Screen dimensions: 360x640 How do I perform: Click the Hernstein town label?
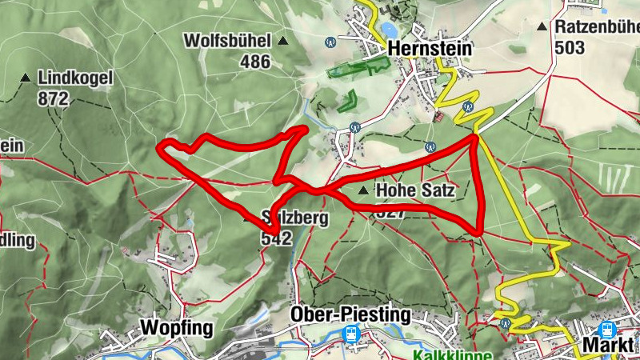(x=430, y=48)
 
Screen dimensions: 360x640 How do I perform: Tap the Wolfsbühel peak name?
(x=227, y=40)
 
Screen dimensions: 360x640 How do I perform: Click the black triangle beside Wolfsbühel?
(x=282, y=40)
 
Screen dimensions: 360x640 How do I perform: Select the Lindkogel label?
(x=76, y=78)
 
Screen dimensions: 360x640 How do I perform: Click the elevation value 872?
(x=54, y=99)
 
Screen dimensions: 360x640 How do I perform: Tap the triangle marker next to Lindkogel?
(x=26, y=78)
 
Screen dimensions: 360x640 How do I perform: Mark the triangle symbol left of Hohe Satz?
(x=364, y=190)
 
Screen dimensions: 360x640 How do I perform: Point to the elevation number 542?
(x=276, y=238)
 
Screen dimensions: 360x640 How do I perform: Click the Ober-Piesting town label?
(x=350, y=314)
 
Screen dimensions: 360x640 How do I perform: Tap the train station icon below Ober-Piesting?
(x=350, y=334)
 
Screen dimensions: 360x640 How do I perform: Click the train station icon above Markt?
(x=606, y=329)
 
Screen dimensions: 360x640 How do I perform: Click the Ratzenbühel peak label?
(x=597, y=26)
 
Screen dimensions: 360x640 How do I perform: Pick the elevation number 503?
(x=570, y=47)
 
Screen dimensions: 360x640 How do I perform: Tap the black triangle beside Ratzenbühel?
(x=543, y=26)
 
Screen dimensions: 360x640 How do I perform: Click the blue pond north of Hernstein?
(x=388, y=30)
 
